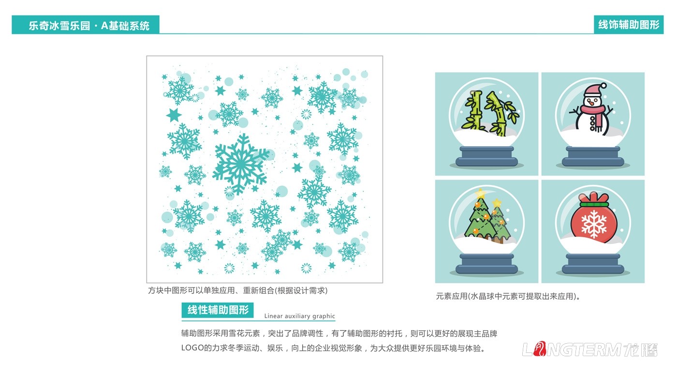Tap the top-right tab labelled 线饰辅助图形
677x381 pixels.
[629, 25]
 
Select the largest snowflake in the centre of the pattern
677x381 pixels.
[240, 164]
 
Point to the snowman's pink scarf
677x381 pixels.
[590, 112]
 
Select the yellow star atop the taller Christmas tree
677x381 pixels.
[480, 193]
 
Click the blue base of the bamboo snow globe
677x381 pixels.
[486, 156]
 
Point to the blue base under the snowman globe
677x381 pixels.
[593, 156]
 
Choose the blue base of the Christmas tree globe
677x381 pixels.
[486, 264]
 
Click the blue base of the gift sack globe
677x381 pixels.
[593, 264]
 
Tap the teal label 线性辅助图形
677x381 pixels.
[218, 310]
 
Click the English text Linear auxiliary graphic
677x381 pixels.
[299, 316]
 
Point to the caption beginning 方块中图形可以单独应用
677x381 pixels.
[237, 290]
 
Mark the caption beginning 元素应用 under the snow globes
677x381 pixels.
[508, 296]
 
